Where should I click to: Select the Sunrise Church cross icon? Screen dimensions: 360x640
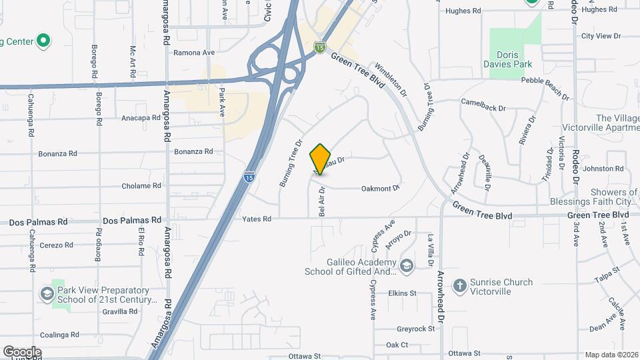[x=459, y=287]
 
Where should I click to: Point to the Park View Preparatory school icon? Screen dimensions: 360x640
[x=47, y=293]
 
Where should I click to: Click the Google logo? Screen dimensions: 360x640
[x=22, y=352]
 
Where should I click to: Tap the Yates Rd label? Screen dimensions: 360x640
[x=257, y=219]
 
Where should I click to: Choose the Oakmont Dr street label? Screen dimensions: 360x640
[x=380, y=189]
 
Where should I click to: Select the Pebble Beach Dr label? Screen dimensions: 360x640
[x=545, y=87]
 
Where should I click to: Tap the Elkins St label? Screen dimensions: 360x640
[x=402, y=293]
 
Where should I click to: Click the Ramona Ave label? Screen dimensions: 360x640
[x=194, y=52]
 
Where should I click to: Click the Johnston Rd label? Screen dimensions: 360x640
[x=607, y=169]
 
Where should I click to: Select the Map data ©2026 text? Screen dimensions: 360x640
[x=611, y=355]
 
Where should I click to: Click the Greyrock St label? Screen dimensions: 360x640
[x=415, y=329]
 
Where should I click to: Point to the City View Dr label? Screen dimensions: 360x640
[x=601, y=36]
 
